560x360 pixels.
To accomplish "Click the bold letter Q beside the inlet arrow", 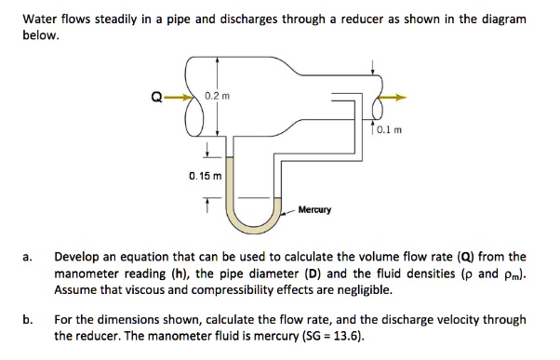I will point(155,95).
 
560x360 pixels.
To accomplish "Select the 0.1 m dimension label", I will point(388,130).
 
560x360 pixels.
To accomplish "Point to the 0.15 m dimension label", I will point(205,174).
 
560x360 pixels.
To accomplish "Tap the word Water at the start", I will point(41,20).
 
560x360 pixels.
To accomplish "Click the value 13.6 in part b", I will point(342,335).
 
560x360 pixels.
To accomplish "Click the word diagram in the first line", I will point(503,20).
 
